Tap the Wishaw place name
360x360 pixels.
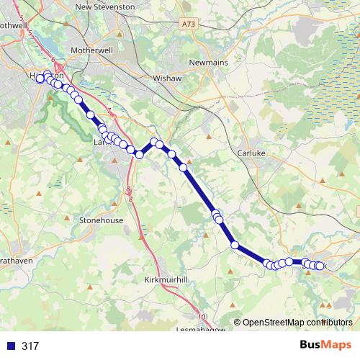(166, 77)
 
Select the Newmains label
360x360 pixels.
(208, 63)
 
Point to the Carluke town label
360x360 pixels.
(253, 153)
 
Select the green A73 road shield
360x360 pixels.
(189, 24)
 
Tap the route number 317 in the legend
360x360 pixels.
(30, 346)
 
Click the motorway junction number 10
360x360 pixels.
(202, 317)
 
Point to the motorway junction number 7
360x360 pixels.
(108, 111)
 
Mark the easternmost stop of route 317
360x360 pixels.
(320, 266)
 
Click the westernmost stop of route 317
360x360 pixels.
(40, 80)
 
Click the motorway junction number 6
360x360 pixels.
(54, 61)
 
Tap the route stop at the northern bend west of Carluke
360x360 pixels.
(153, 142)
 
